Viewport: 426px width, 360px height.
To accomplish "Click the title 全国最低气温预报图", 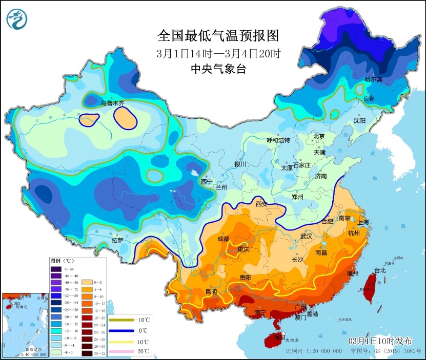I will (218, 35).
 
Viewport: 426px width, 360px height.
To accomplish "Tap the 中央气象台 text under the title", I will (218, 69).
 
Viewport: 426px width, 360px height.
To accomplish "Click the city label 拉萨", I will (117, 240).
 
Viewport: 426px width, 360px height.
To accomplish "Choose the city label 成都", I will (223, 239).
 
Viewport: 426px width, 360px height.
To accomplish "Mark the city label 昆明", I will (211, 291).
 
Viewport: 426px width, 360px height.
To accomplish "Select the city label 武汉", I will (307, 236).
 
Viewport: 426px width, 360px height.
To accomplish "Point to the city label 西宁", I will (207, 181).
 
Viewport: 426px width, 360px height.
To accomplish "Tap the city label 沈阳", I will (359, 121).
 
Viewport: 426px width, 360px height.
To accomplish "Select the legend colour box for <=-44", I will (55, 269).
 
